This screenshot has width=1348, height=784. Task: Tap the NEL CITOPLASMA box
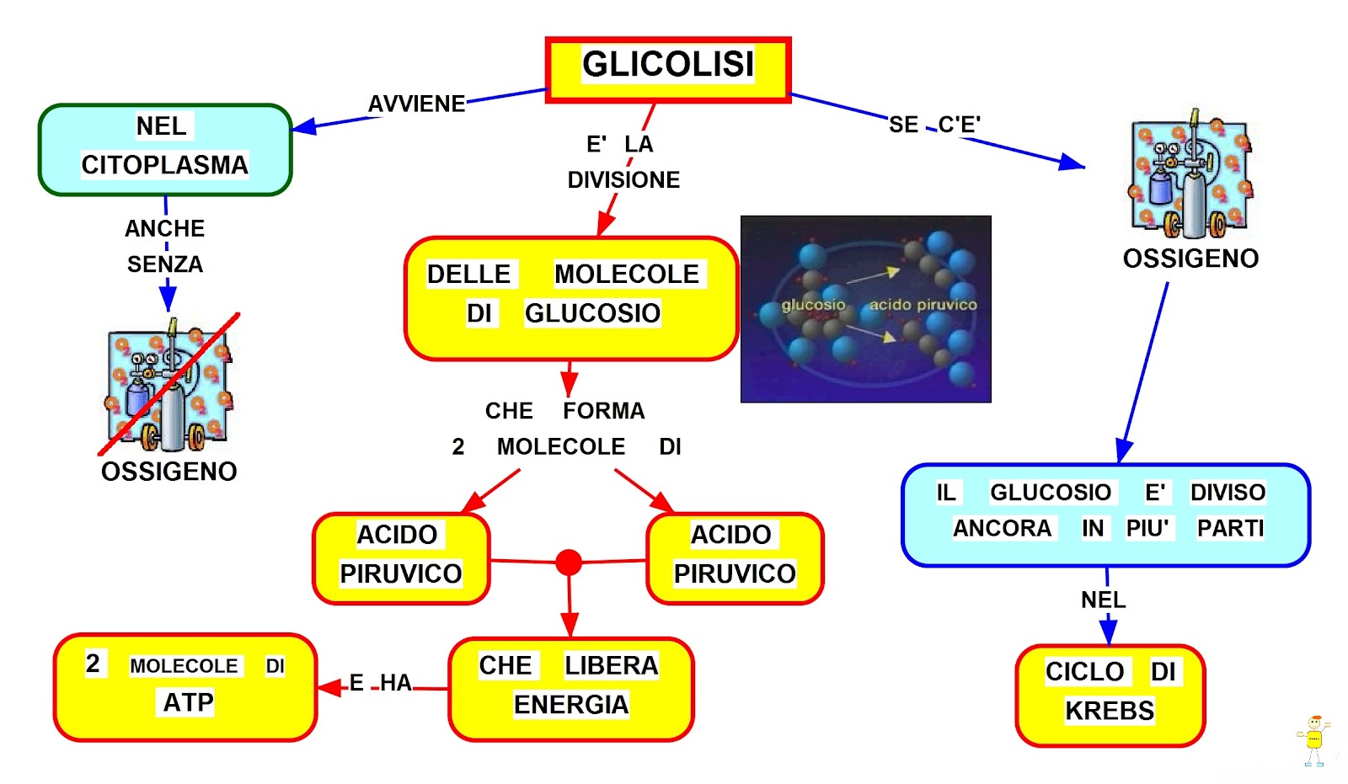point(165,149)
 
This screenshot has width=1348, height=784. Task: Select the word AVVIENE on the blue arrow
point(416,104)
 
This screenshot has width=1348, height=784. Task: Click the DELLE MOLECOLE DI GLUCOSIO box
point(570,298)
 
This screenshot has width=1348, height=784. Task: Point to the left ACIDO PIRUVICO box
point(400,557)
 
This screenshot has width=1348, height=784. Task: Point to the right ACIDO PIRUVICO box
point(734,557)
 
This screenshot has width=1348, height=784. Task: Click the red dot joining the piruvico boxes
point(569,562)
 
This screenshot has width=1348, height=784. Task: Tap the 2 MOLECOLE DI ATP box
point(185,686)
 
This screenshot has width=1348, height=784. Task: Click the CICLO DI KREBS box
point(1110,694)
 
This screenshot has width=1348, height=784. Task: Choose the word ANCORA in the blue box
point(1002,528)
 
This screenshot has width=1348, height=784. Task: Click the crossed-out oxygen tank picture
point(168,386)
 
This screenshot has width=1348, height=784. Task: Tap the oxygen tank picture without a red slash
point(1190,177)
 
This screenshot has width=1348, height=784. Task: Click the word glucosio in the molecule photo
point(812,305)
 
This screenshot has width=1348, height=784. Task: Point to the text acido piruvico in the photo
point(923,305)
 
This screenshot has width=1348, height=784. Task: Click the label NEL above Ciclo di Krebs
point(1103,600)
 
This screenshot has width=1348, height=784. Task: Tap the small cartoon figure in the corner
point(1313,739)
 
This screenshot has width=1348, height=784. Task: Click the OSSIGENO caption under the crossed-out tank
point(168,472)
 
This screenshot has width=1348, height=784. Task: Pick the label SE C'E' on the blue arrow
point(934,125)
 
